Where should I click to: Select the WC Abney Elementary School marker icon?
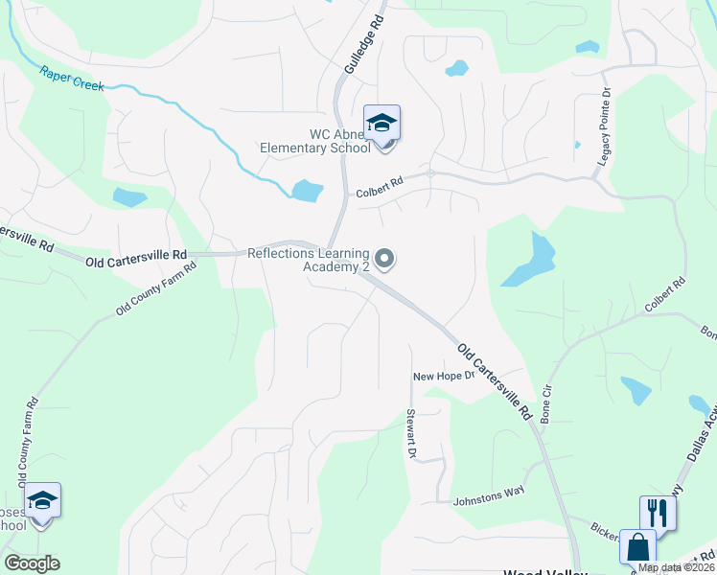pos(382,124)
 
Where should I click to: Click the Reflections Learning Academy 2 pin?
pos(384,258)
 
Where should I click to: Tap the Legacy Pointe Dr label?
pos(605,128)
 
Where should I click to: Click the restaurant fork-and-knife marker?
pos(657,512)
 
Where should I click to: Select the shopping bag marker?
pos(637,547)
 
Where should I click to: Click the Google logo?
pos(31,563)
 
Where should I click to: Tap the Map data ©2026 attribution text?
pos(676,567)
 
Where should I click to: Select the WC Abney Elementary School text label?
pos(314,141)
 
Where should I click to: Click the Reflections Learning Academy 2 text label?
pos(309,260)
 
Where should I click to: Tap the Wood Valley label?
pos(544,572)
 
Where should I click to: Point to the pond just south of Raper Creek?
pos(307,190)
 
